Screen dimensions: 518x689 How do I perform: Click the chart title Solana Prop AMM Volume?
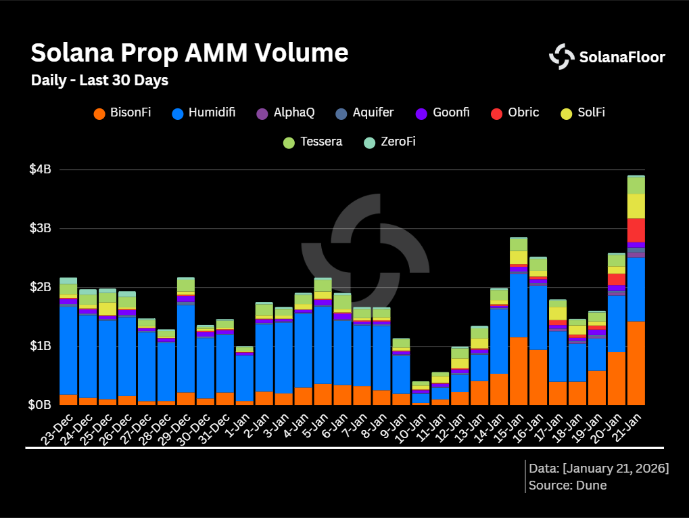[x=190, y=53]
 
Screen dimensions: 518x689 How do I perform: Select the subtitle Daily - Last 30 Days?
[x=99, y=81]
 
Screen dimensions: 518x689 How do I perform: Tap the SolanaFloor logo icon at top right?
[x=561, y=57]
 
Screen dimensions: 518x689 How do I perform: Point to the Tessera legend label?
[x=322, y=142]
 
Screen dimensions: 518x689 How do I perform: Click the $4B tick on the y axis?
[x=40, y=169]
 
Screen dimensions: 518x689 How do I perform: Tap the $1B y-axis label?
[x=40, y=346]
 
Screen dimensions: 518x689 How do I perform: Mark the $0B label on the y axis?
[x=40, y=405]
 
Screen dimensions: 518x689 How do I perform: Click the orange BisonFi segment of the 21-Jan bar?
[x=636, y=363]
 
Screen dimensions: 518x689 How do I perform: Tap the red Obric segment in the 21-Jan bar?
[x=636, y=230]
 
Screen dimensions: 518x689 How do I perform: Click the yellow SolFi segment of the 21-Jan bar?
[x=636, y=206]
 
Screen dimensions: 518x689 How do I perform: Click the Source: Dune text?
[x=568, y=485]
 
